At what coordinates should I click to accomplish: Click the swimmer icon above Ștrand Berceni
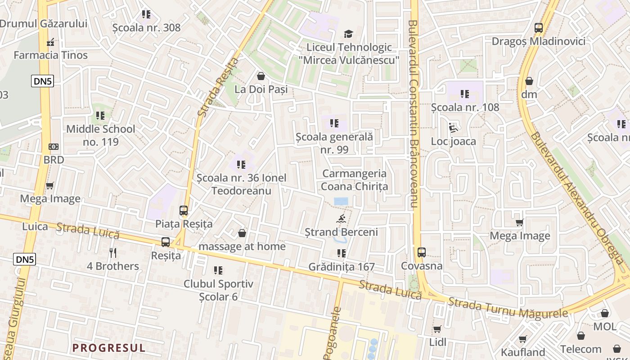point(341,219)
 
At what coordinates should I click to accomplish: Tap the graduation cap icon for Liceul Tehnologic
point(348,34)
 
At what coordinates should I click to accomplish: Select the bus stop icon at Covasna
point(421,252)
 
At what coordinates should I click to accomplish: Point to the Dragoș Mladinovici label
point(538,41)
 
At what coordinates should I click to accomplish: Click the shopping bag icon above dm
point(529,81)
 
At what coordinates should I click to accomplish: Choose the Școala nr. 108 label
point(465,107)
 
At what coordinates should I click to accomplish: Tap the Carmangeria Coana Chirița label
point(355,180)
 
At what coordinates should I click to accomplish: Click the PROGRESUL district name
point(109,348)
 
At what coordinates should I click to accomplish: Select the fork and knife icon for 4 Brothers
point(113,253)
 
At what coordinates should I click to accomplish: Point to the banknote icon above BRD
point(54,147)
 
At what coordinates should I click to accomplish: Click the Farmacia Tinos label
point(50,55)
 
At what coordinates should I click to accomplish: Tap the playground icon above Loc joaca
point(453,128)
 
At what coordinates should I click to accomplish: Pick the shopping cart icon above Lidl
point(437,329)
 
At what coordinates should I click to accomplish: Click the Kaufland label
point(523,352)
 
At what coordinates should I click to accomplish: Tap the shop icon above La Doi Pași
point(261,76)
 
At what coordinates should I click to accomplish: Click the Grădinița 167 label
point(342,267)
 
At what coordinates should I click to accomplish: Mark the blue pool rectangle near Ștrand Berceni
point(341,202)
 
